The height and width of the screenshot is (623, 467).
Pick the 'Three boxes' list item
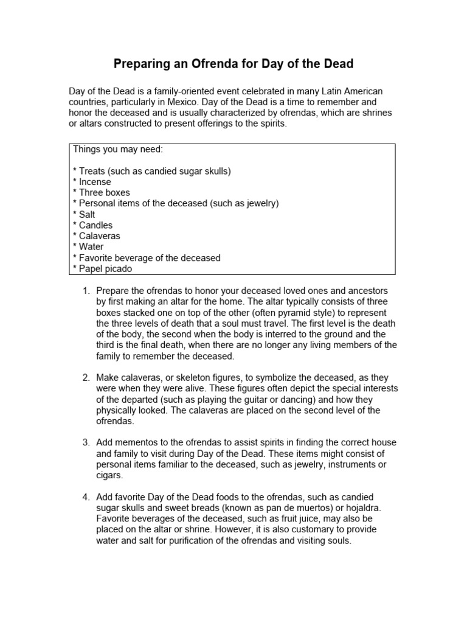(x=102, y=193)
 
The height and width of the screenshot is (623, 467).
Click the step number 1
(x=86, y=291)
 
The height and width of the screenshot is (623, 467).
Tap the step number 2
(x=86, y=378)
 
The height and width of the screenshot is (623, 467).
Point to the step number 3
(x=86, y=444)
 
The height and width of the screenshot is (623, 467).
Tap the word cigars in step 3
(x=109, y=476)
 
